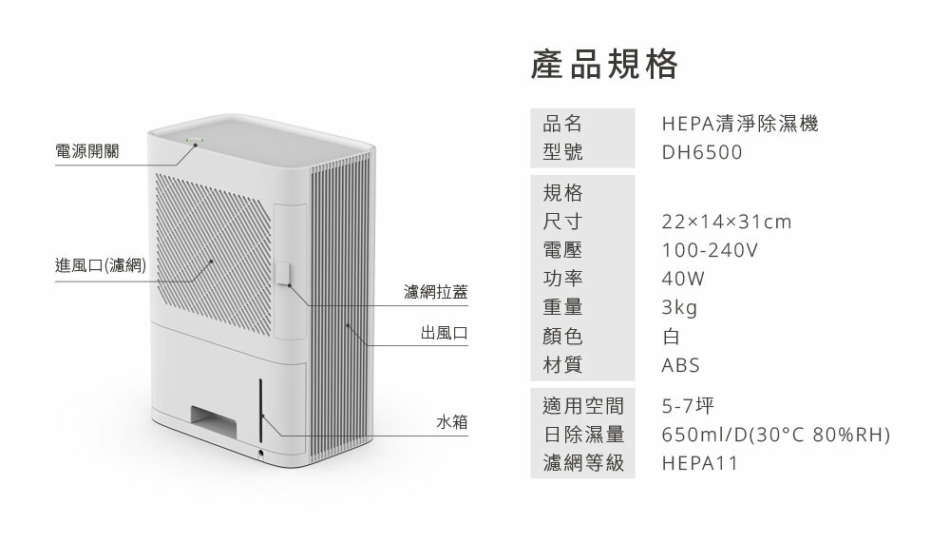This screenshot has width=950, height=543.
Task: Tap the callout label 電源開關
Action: point(87,152)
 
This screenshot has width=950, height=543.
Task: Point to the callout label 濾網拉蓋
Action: point(435,292)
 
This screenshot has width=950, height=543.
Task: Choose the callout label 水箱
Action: point(451,420)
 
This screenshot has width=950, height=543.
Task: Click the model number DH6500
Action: point(702,153)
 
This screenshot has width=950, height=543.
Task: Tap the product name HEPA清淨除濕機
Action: point(739,124)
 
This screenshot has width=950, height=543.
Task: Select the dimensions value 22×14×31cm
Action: point(727,223)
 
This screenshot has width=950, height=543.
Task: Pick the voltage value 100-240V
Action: point(710,251)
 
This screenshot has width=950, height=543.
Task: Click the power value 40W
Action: point(684,280)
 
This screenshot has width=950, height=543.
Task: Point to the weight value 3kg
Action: point(680,308)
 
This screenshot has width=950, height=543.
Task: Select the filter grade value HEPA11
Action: point(699,464)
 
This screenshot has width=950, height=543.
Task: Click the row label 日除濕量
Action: point(583,436)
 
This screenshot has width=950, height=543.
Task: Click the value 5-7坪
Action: point(689,407)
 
